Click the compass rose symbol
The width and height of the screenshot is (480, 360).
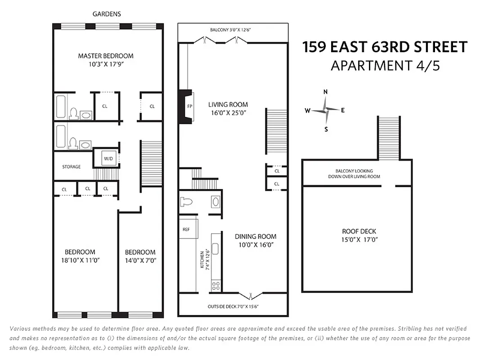pyautogui.click(x=325, y=110)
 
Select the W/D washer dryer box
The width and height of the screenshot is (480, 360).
pyautogui.click(x=108, y=158)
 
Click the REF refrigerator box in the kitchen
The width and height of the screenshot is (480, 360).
pyautogui.click(x=186, y=229)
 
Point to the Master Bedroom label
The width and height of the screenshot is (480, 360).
pyautogui.click(x=106, y=56)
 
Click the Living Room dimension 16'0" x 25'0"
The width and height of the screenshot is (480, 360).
pyautogui.click(x=228, y=113)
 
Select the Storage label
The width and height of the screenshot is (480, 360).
pyautogui.click(x=72, y=166)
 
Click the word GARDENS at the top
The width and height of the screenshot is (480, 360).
pyautogui.click(x=107, y=14)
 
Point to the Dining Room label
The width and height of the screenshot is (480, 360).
pyautogui.click(x=255, y=236)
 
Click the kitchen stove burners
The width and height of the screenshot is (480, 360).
pyautogui.click(x=216, y=285)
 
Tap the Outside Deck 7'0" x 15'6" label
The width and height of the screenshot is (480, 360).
pyautogui.click(x=233, y=307)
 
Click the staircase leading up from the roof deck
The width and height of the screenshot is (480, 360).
pyautogui.click(x=388, y=138)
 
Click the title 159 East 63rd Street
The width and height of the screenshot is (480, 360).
pyautogui.click(x=385, y=47)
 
